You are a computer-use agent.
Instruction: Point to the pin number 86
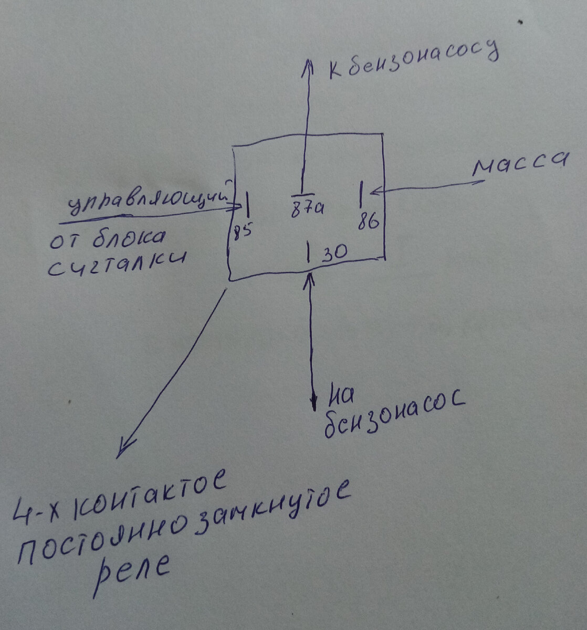(369, 222)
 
